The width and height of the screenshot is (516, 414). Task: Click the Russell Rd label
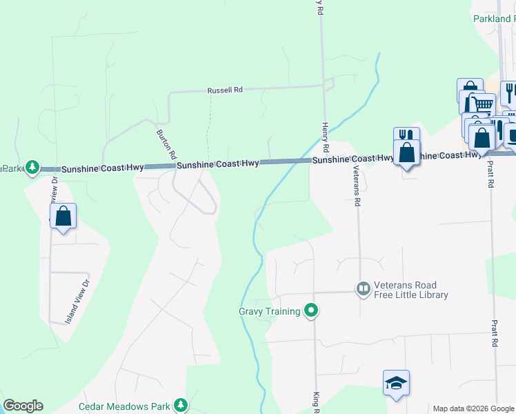pos(226,90)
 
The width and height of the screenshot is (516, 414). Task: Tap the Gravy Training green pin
pos(311,311)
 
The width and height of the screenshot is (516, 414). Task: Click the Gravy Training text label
pos(269,311)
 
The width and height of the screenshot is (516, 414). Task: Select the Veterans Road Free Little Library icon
pos(364,288)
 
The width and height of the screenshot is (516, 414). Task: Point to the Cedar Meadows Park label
pos(125,406)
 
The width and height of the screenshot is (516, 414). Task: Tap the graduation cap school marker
pos(396,384)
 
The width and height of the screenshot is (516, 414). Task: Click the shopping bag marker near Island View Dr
pos(63,216)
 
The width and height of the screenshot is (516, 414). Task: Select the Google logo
pos(23,406)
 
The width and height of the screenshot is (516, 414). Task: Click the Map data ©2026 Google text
pos(473,408)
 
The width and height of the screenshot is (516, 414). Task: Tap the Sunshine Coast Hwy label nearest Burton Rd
pos(217,164)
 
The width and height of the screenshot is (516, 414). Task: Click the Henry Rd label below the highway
pos(325,138)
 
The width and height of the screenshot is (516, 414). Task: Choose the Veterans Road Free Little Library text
pos(410,290)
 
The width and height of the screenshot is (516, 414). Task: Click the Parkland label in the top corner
pos(494,19)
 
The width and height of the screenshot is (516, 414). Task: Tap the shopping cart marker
pos(483,104)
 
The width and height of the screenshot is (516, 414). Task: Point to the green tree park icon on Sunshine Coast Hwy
pos(32,167)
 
